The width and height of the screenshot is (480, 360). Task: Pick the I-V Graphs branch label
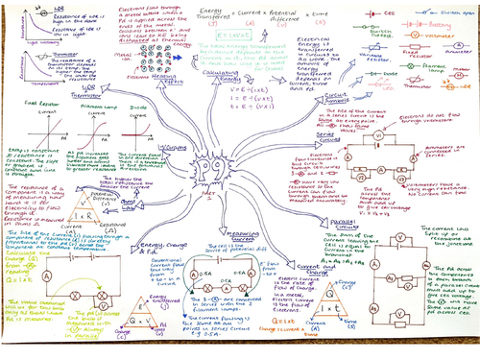point(147,150)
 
